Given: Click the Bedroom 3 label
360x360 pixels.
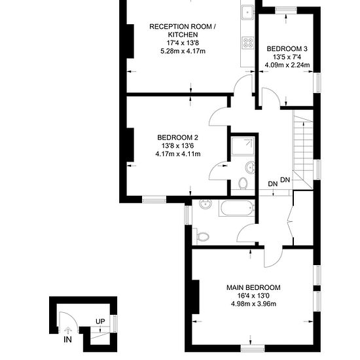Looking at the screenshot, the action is click(287, 48).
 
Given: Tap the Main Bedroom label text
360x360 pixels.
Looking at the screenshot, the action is click(253, 287).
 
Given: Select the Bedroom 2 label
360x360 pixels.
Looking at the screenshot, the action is click(177, 137).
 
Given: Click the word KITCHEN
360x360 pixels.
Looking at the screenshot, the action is click(183, 35).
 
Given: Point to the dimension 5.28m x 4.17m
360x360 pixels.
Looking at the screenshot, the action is click(183, 51).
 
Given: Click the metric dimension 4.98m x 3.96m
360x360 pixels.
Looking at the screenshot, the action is click(253, 304).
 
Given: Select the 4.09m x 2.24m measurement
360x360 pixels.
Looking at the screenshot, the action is click(287, 65).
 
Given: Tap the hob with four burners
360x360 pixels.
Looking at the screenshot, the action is click(248, 43).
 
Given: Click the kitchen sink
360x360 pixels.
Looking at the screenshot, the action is click(247, 12).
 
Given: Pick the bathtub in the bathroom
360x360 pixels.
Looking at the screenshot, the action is click(237, 208).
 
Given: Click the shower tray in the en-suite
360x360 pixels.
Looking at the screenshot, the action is click(243, 147).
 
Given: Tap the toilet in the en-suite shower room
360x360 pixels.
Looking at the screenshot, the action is click(243, 183).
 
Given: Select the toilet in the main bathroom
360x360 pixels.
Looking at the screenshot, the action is click(202, 236).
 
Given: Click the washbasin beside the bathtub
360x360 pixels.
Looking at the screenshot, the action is click(205, 204).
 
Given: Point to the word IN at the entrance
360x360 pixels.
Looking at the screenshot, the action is click(67, 339).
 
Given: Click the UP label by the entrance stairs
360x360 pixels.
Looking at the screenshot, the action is click(100, 321).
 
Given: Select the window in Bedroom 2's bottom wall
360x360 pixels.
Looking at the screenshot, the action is click(154, 199).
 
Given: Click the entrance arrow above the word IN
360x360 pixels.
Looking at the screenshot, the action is click(67, 330).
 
